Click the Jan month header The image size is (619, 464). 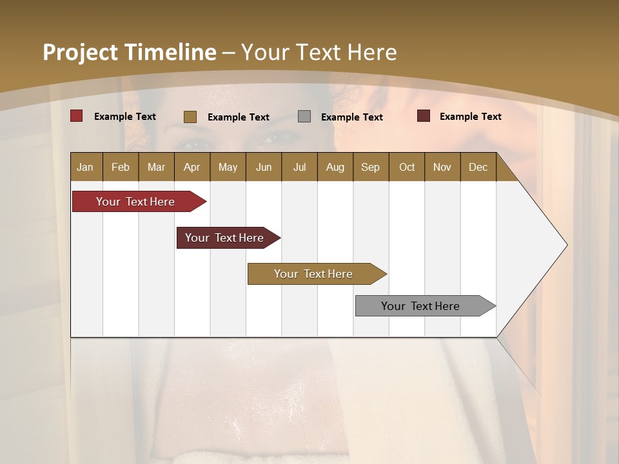pos(85,167)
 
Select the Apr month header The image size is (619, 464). pos(192,167)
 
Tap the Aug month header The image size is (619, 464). pos(335,167)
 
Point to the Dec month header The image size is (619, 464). pos(478,167)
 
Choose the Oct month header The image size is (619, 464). pos(407,167)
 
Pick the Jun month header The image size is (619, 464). pos(263,167)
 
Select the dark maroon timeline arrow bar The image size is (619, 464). pos(226,238)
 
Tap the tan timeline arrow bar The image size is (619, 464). pos(315,274)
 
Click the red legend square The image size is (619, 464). pos(76,116)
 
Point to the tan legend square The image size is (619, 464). pos(190,117)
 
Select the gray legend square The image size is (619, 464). pos(304,116)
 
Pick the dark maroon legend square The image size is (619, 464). pos(423,116)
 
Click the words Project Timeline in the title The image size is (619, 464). pos(129,52)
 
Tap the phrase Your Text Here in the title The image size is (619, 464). pos(319,52)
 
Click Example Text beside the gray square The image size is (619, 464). pos(351,117)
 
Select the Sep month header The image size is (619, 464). pos(370,167)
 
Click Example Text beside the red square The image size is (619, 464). pos(124,116)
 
